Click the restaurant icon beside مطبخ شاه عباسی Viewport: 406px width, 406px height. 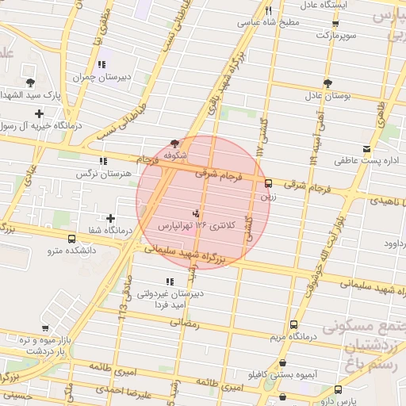[x=269, y=10]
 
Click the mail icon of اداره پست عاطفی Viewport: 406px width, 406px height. [x=366, y=149]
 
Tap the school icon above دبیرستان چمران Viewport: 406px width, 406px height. [x=101, y=65]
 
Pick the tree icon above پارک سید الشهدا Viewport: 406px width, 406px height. [x=30, y=82]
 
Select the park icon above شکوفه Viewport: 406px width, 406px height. [x=174, y=144]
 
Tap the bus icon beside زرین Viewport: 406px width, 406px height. [x=268, y=182]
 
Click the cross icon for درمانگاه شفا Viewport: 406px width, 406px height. [x=110, y=218]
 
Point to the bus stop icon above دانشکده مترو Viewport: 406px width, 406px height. [x=72, y=239]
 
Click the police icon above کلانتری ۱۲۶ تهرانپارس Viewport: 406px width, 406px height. [x=196, y=213]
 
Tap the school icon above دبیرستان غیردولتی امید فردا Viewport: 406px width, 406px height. [x=169, y=282]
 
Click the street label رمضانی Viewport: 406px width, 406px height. [x=182, y=324]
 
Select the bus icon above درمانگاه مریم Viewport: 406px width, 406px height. [x=294, y=324]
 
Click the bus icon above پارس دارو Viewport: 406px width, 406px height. [x=339, y=390]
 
